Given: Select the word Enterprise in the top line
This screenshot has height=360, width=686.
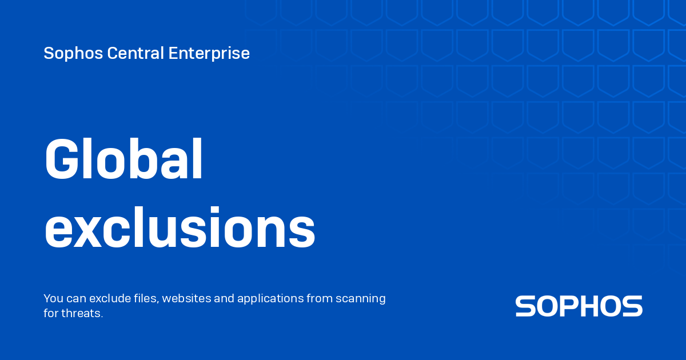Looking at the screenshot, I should tap(209, 53).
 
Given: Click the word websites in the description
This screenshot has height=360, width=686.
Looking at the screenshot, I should tap(188, 298).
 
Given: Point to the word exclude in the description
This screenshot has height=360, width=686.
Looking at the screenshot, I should tap(107, 298).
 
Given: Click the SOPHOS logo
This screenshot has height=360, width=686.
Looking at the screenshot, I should tap(579, 306).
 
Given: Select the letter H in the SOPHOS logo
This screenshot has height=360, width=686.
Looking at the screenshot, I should tap(591, 306).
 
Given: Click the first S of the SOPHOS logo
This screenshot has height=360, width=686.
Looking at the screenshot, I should tap(525, 306).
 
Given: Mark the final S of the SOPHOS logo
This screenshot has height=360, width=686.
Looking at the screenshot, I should tap(632, 306).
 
